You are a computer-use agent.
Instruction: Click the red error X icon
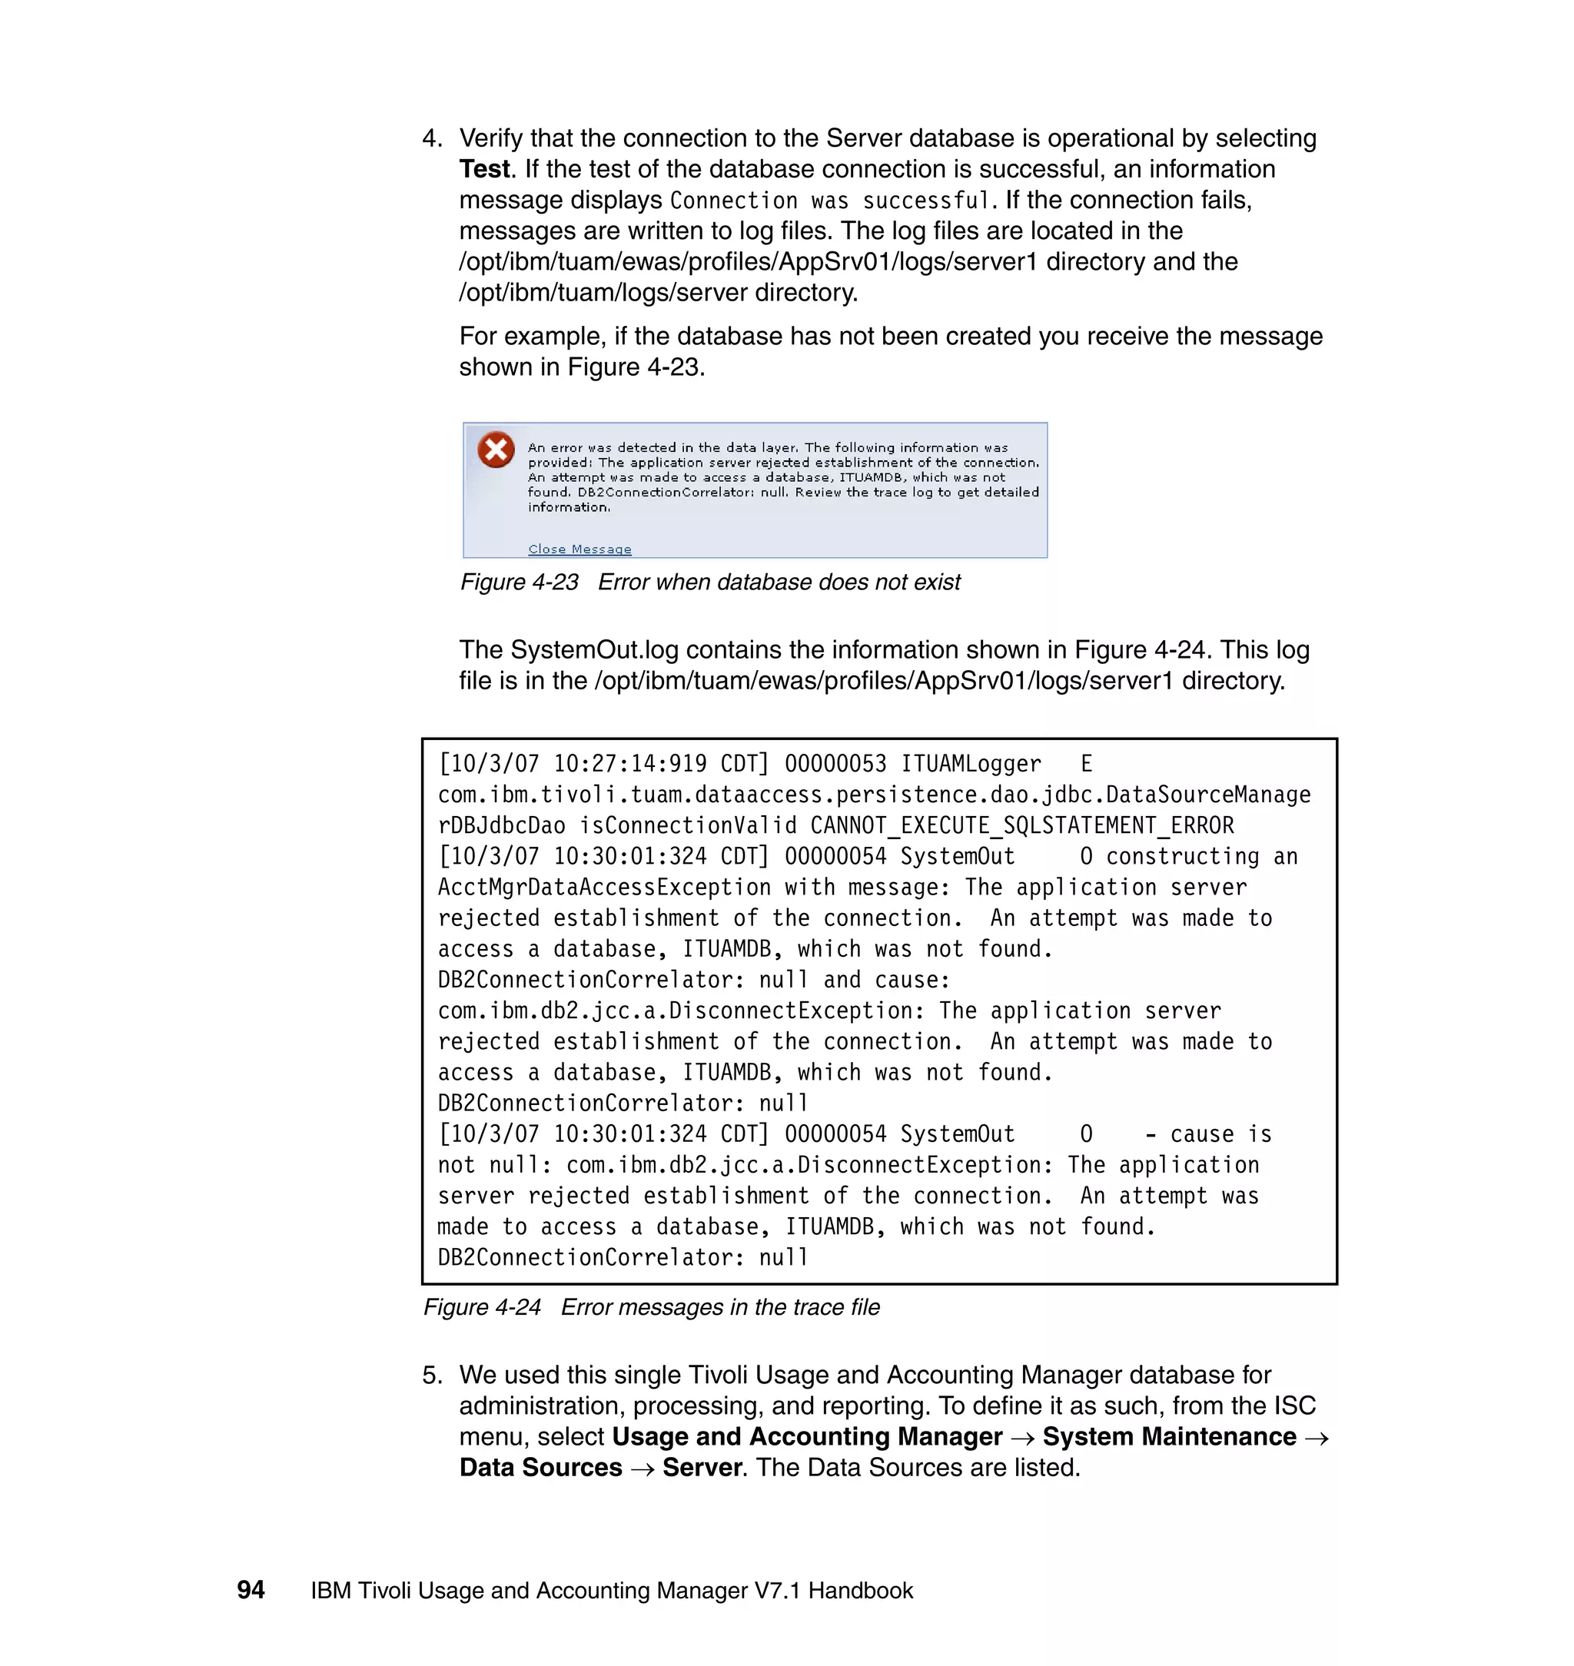pyautogui.click(x=496, y=450)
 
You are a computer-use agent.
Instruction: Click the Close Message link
pyautogui.click(x=579, y=549)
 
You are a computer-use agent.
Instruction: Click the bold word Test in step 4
pyautogui.click(x=484, y=170)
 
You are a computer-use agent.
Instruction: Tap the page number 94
pyautogui.click(x=251, y=1590)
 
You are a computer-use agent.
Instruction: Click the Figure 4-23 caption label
pyautogui.click(x=519, y=582)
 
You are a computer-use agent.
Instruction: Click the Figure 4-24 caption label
pyautogui.click(x=482, y=1307)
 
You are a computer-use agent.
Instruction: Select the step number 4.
pyautogui.click(x=431, y=138)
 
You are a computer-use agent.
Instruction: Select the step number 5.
pyautogui.click(x=431, y=1375)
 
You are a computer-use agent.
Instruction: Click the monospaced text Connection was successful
pyautogui.click(x=829, y=201)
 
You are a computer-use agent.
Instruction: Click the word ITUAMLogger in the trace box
pyautogui.click(x=970, y=763)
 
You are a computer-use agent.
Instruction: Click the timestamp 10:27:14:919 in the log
pyautogui.click(x=629, y=763)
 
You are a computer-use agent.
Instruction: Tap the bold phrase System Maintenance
pyautogui.click(x=1169, y=1437)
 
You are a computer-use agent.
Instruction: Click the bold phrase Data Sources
pyautogui.click(x=540, y=1468)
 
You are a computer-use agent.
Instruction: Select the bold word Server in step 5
pyautogui.click(x=702, y=1468)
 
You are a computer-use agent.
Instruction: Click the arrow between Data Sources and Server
pyautogui.click(x=642, y=1469)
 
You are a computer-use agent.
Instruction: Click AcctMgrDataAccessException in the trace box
pyautogui.click(x=603, y=888)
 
